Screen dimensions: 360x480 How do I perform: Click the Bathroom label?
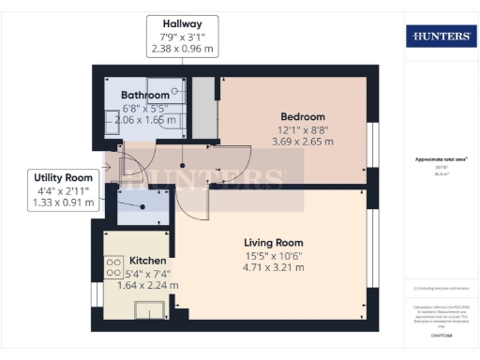click(145, 95)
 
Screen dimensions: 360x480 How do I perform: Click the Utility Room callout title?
click(62, 177)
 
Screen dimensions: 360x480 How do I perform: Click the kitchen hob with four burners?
click(115, 268)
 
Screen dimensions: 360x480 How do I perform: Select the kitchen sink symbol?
click(148, 309)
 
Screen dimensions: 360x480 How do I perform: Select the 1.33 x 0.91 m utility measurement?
click(62, 202)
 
